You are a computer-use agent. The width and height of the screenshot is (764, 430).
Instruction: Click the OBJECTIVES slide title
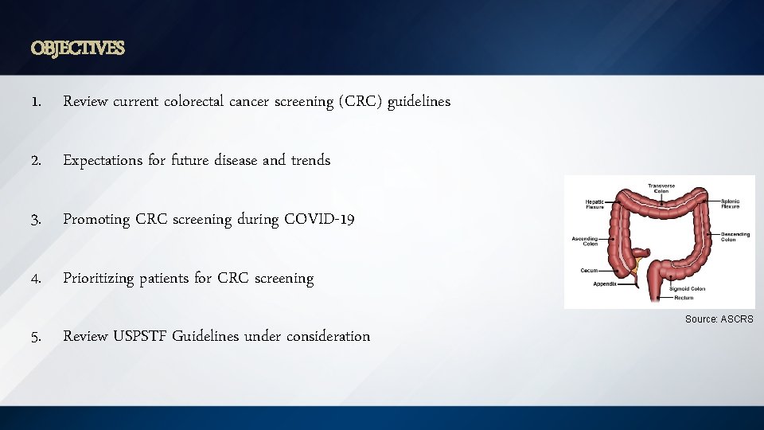(x=78, y=49)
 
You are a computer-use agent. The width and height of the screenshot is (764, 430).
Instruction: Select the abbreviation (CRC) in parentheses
(x=360, y=102)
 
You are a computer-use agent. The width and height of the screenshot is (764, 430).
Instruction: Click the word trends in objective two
(x=310, y=161)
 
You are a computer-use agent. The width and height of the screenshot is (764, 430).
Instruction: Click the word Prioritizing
(x=98, y=279)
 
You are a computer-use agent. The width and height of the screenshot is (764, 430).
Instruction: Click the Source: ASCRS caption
(x=719, y=319)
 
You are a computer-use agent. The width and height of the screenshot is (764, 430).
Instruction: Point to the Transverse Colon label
(x=661, y=188)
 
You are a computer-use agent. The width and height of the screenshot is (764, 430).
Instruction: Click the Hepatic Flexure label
(x=594, y=204)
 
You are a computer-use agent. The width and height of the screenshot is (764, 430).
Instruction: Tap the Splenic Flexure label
(x=730, y=204)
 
